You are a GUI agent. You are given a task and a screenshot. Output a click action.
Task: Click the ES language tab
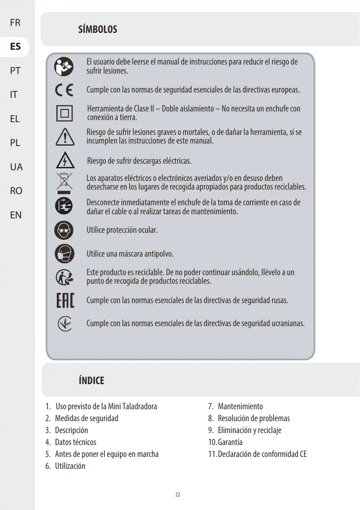click(x=15, y=46)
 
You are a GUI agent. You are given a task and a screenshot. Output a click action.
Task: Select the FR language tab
click(x=15, y=23)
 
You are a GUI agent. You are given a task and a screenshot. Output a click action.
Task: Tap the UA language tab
click(x=16, y=167)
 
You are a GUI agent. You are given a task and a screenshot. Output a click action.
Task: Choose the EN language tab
click(x=16, y=215)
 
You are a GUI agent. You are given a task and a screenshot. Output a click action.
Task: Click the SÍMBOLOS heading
click(x=98, y=30)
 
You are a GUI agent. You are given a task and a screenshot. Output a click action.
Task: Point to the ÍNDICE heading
click(x=91, y=380)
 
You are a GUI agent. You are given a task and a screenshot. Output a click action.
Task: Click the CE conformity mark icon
click(x=64, y=90)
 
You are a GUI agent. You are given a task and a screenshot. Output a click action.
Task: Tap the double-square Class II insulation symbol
click(x=64, y=113)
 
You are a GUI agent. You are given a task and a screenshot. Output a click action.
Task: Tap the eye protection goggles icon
click(x=64, y=230)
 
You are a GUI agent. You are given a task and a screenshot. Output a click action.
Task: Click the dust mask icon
click(x=64, y=253)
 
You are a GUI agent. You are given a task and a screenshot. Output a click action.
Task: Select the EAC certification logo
click(x=65, y=301)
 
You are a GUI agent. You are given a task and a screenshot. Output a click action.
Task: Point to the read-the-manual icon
click(x=64, y=67)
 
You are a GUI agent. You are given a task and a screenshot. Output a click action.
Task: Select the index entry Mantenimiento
click(x=240, y=406)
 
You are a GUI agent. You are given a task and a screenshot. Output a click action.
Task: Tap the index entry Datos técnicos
click(x=75, y=442)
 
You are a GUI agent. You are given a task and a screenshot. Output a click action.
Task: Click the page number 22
click(x=178, y=494)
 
